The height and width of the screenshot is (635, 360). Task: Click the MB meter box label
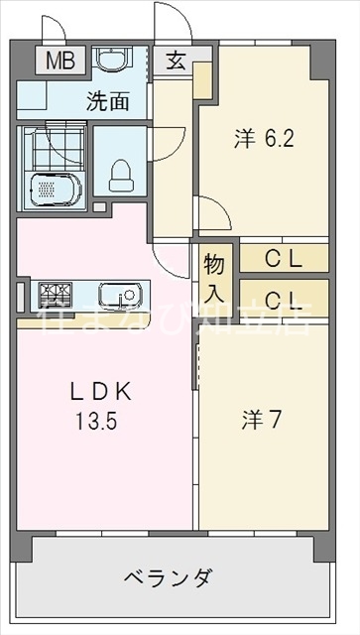60,60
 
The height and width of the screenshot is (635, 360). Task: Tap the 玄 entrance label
175,61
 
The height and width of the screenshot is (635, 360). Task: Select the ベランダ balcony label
168,576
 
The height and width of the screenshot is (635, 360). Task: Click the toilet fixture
119,177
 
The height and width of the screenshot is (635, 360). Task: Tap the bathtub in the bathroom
53,189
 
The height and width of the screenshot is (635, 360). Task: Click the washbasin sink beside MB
110,62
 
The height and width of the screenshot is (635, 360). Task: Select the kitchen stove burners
55,293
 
